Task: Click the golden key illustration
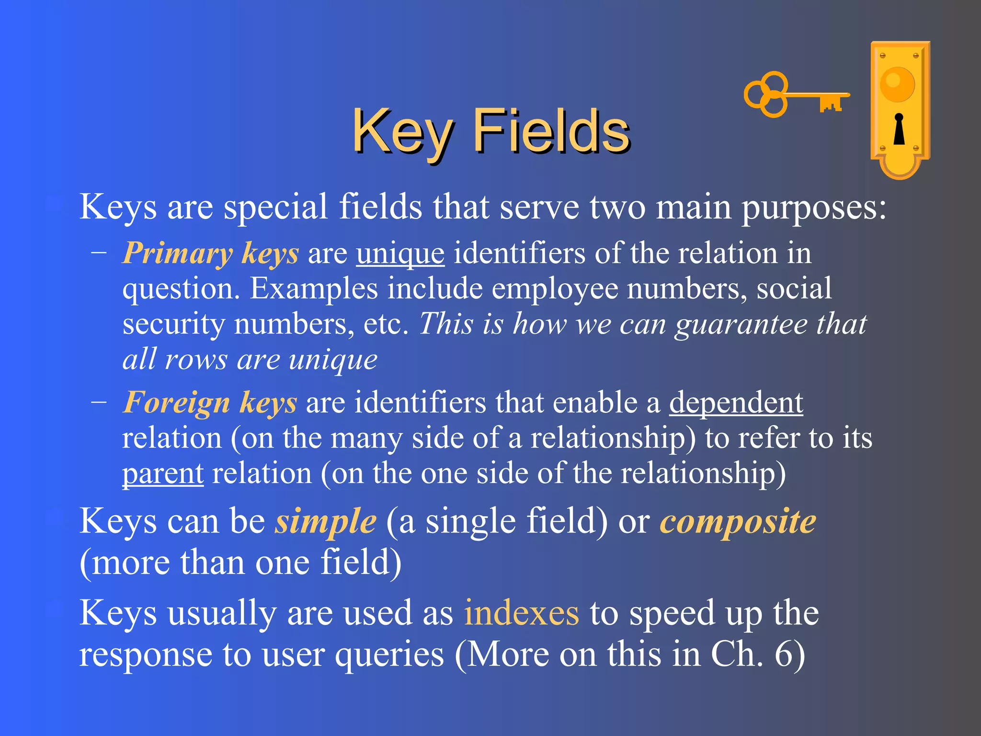[795, 95]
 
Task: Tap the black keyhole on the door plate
[899, 129]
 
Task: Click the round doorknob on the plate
[897, 84]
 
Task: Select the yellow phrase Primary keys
[211, 253]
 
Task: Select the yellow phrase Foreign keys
[210, 402]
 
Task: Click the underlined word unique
[400, 253]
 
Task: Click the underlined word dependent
[736, 402]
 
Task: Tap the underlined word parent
[163, 473]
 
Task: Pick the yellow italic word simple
[325, 521]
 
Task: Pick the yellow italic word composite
[738, 521]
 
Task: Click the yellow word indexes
[521, 613]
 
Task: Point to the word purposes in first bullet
[814, 207]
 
